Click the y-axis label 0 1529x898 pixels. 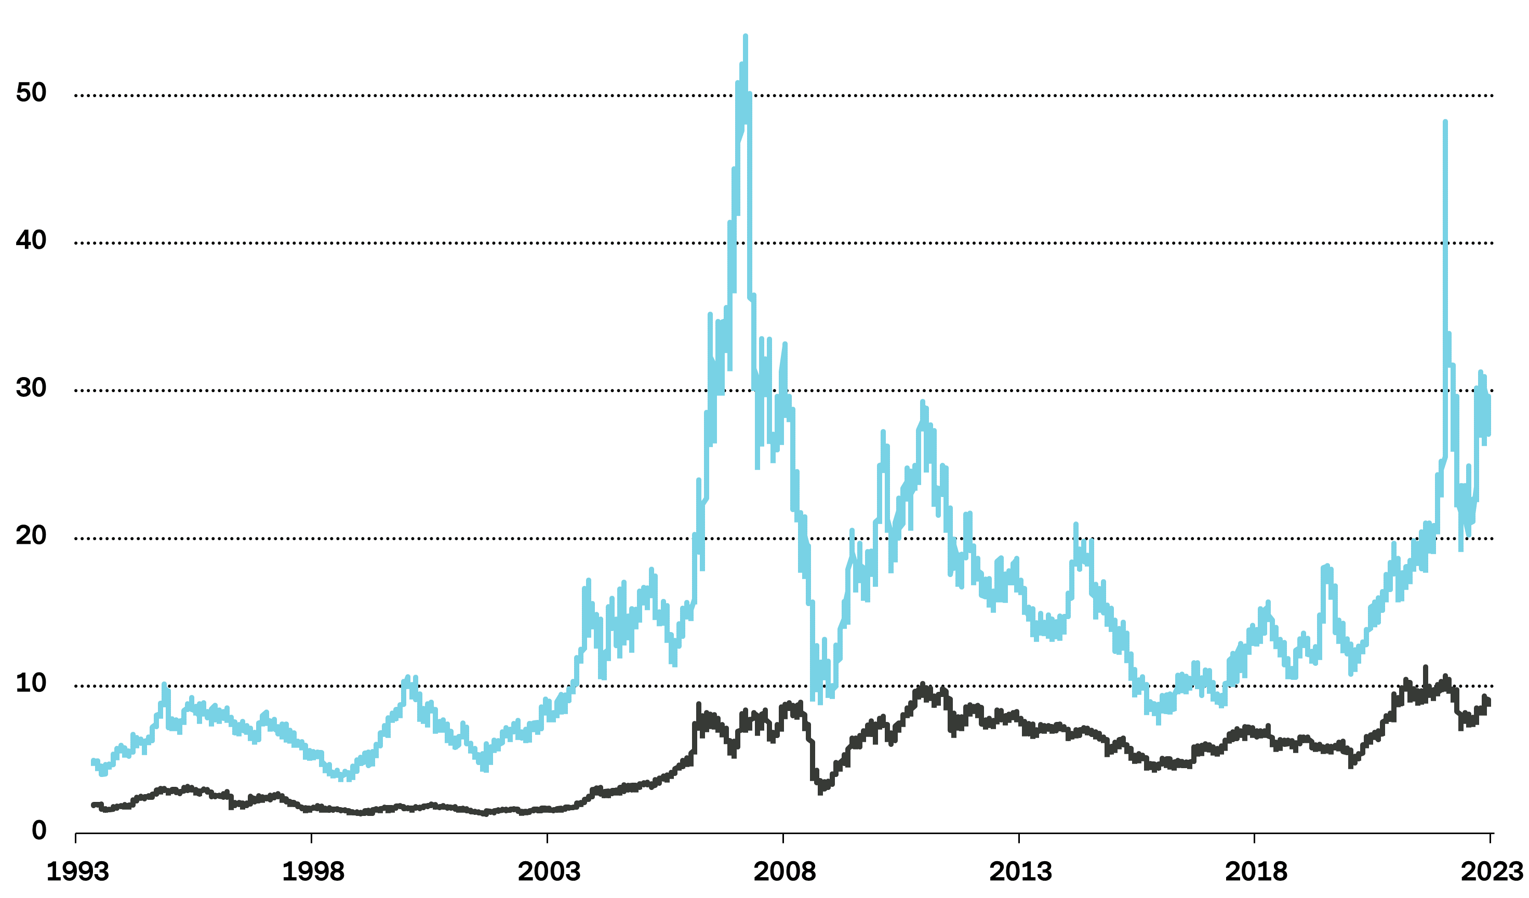39,830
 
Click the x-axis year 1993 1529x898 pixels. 77,873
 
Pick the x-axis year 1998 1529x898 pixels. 312,873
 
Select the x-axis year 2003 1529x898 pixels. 549,873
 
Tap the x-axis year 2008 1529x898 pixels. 784,873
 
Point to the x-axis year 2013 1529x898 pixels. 1020,873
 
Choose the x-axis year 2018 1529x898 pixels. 1255,873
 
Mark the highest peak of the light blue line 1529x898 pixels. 746,37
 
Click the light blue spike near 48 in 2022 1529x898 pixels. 1445,123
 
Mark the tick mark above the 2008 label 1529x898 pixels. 783,838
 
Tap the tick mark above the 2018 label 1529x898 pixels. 1254,838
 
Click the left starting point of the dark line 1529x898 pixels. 94,805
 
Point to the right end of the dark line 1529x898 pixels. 1488,702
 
